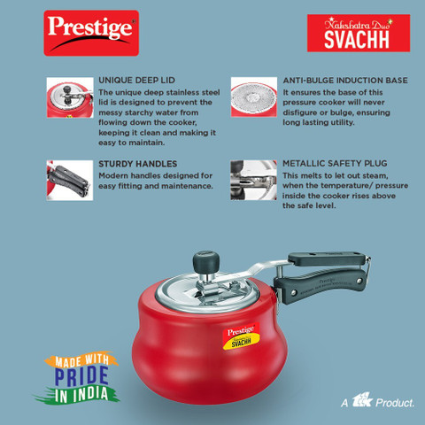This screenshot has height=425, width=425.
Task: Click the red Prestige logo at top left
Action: point(91,32)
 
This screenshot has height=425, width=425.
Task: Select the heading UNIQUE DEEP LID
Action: point(135,80)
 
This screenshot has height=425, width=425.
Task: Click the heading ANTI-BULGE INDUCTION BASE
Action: point(344,80)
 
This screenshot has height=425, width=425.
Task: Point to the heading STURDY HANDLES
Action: point(137,164)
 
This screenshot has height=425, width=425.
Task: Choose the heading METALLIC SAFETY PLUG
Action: point(335,164)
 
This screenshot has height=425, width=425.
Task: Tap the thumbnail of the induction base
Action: point(253,95)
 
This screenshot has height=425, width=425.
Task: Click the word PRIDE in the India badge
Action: point(71,375)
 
